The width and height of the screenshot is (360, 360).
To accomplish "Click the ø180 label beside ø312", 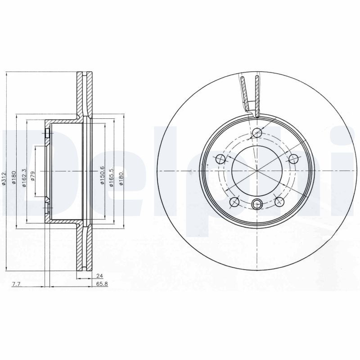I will click(14, 178).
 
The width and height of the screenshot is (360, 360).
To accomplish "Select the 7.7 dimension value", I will click(16, 284).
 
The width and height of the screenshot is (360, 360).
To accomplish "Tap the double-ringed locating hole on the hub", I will click(256, 204).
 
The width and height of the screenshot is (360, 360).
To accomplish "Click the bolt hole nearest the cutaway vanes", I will click(257, 133).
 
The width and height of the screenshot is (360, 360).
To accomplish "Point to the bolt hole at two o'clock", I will click(293, 159).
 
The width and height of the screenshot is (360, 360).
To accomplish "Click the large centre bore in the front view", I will click(256, 171).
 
